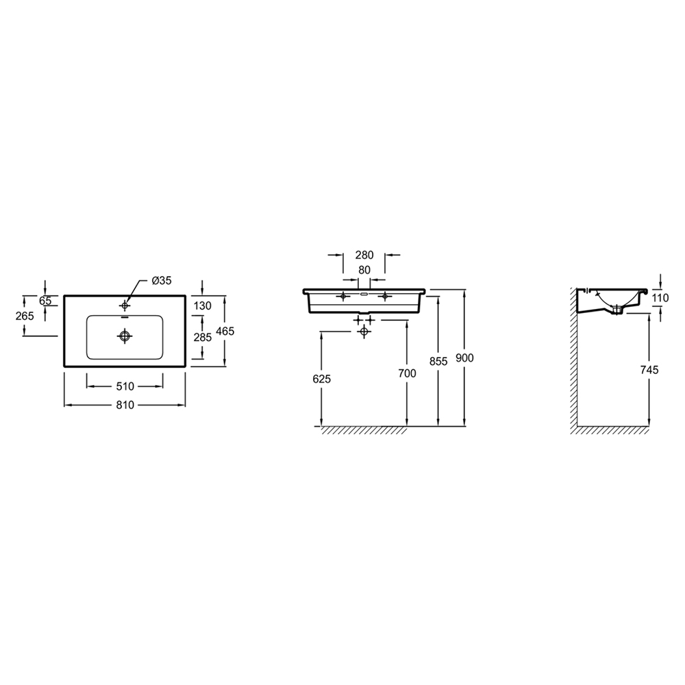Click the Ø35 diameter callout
click(162, 280)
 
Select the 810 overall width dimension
click(125, 406)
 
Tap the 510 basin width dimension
click(125, 386)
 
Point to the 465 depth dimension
click(225, 331)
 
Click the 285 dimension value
click(203, 337)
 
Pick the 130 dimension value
click(203, 306)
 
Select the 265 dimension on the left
click(25, 315)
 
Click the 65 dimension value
click(45, 301)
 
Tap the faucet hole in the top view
click(125, 306)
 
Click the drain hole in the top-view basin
click(125, 336)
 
